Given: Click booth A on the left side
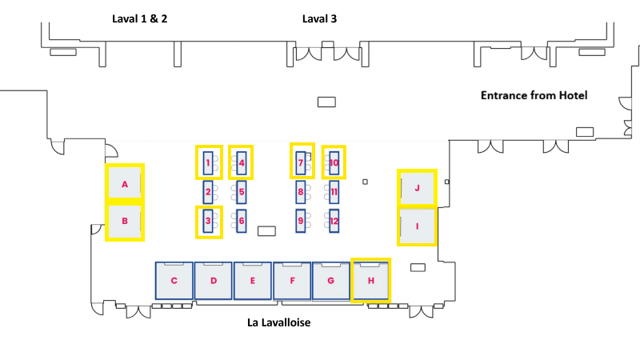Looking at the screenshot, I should tap(125, 183).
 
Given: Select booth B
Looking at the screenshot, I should tap(125, 222).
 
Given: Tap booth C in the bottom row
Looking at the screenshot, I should tap(174, 281).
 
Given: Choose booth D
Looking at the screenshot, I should tap(213, 281).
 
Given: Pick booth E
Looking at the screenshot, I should tap(252, 281).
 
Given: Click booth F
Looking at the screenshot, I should tap(292, 281).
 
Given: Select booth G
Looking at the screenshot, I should tap(331, 281).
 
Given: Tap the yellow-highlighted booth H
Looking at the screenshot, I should tap(370, 280).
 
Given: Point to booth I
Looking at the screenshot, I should tap(417, 226).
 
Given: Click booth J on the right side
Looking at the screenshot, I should tap(417, 189).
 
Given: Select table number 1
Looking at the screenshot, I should tap(208, 164).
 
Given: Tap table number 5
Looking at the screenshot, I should tap(242, 192).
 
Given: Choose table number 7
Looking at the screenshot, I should tap(301, 163).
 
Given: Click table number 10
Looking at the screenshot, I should tap(334, 163).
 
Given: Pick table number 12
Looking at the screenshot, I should tap(334, 221).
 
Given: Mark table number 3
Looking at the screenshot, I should tap(208, 221).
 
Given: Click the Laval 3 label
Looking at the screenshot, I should tap(319, 18).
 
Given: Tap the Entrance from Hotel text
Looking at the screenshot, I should tap(534, 95).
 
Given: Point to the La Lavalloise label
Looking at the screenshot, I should tap(278, 323).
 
